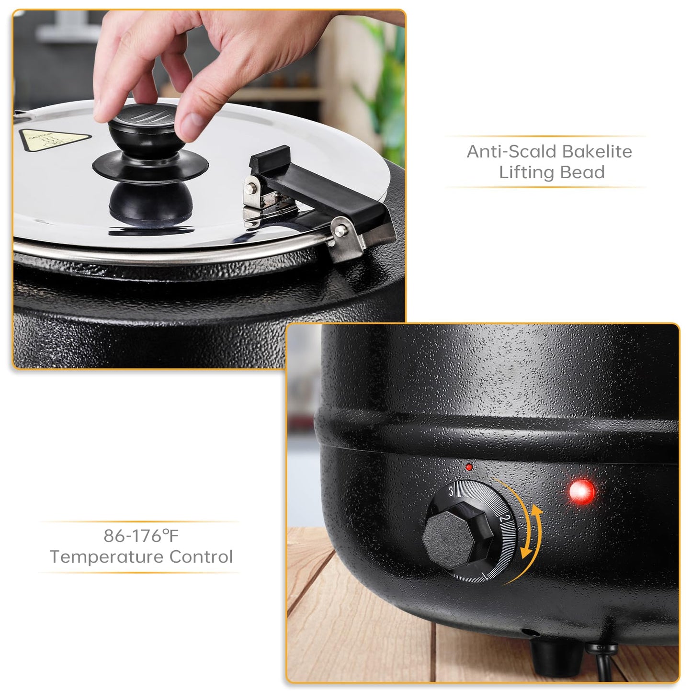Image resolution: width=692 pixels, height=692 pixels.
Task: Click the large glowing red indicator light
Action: [582, 492]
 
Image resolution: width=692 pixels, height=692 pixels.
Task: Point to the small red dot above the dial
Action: [469, 467]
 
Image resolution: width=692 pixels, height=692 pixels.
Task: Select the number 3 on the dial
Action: [451, 491]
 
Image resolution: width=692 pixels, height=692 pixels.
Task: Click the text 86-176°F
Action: [141, 535]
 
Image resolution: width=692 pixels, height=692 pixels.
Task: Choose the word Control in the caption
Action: [201, 556]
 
